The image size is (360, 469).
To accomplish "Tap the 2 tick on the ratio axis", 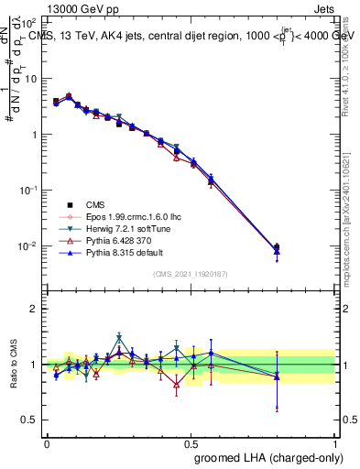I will tap(34, 309).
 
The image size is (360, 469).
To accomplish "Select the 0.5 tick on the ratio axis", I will tap(29, 420).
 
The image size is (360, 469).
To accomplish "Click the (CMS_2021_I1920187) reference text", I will tap(191, 273).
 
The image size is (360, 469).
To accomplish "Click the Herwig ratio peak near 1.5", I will tap(119, 337).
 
